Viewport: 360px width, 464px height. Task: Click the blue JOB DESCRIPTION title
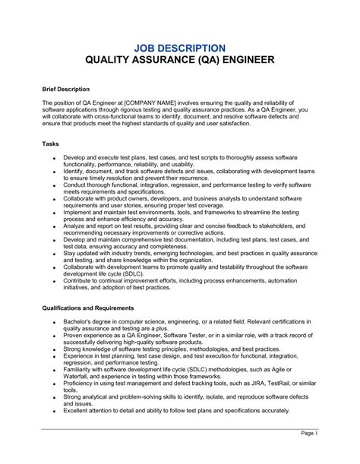pos(180,47)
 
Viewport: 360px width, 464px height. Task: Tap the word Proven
pos(75,336)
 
